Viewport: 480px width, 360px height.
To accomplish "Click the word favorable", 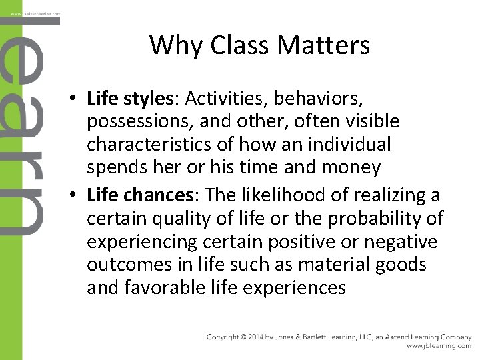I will click(x=153, y=287).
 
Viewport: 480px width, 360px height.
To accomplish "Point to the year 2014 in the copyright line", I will click(x=263, y=337).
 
